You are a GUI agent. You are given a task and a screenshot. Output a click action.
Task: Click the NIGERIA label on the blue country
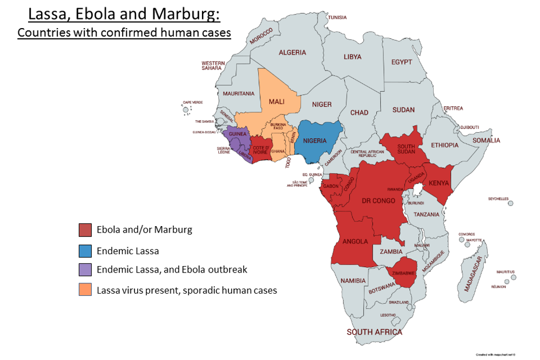[315, 141]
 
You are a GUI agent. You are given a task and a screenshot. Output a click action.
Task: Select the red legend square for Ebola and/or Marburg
[85, 230]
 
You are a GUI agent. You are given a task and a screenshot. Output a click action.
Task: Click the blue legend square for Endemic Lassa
[85, 250]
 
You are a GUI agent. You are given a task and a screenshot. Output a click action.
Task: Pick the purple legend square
[85, 270]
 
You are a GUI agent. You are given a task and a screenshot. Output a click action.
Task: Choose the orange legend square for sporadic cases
[85, 290]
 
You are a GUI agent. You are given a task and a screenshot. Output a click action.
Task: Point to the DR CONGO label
[379, 201]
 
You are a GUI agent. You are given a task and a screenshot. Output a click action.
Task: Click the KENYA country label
[438, 184]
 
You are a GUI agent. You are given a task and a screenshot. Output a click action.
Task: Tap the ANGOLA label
[355, 241]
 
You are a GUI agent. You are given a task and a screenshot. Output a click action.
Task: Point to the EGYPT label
[401, 62]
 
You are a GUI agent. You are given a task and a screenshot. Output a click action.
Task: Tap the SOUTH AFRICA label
[374, 332]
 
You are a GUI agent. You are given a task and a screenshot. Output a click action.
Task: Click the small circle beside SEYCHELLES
[510, 203]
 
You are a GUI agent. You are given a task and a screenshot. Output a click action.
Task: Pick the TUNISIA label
[337, 18]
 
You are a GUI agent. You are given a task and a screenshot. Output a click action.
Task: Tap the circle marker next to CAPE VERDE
[186, 110]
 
